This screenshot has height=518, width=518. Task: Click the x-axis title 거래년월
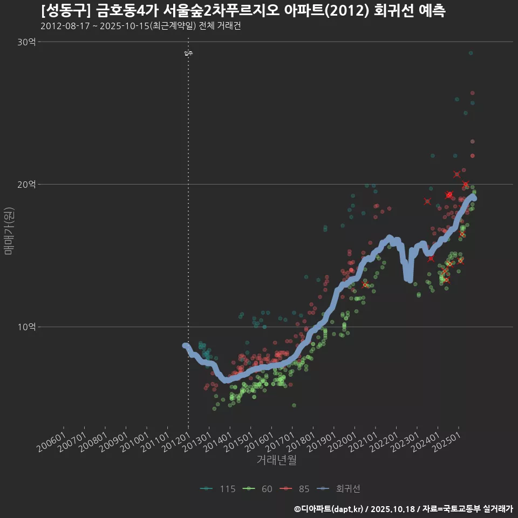(x=276, y=460)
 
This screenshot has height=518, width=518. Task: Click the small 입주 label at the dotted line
(x=188, y=53)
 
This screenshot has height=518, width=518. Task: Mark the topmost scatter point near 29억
(x=471, y=53)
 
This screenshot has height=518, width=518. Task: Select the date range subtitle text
(x=140, y=26)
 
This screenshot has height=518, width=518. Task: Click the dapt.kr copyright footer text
(x=403, y=509)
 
